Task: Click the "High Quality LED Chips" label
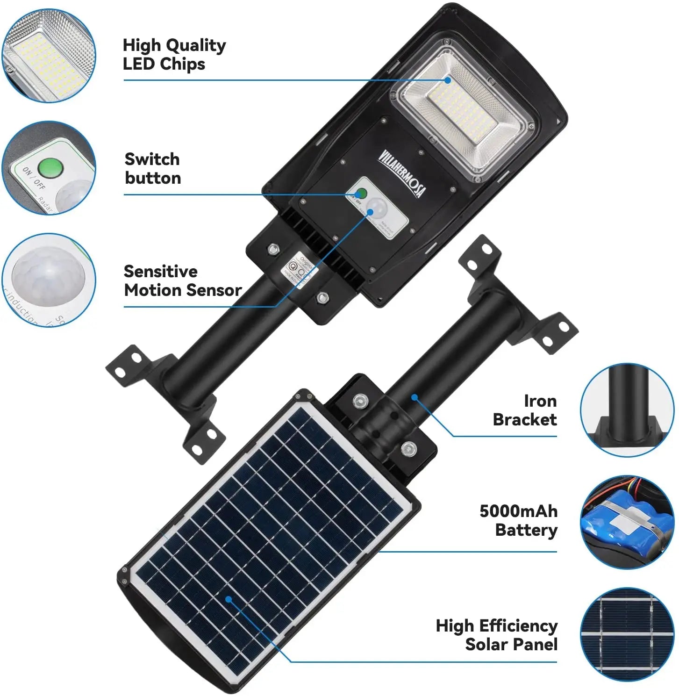click(174, 54)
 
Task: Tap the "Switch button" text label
click(152, 168)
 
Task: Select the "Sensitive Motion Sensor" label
click(182, 280)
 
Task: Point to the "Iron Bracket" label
click(525, 410)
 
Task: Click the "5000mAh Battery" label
click(518, 520)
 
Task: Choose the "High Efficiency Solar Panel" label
click(496, 635)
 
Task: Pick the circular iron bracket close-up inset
click(627, 410)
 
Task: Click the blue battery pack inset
click(627, 522)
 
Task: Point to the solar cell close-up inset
click(627, 634)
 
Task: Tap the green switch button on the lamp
click(360, 193)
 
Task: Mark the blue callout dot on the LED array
click(448, 80)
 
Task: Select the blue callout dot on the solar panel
click(229, 599)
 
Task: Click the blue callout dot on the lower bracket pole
click(414, 398)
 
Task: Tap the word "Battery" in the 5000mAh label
click(526, 530)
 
